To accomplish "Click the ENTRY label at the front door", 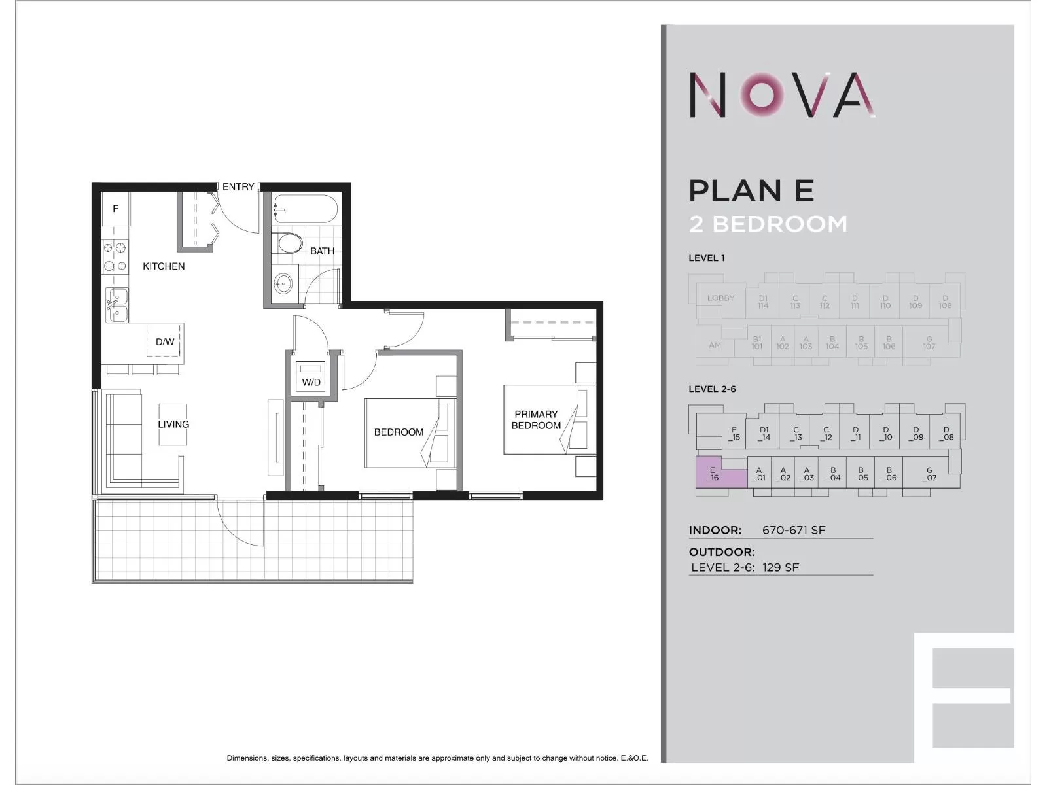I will pos(238,187).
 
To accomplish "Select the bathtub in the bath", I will pos(305,209).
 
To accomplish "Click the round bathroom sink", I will pos(283,283).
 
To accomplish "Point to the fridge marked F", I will pos(116,209).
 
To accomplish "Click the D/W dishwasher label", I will pos(165,341).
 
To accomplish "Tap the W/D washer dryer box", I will pos(311,377).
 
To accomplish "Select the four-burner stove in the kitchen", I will pos(115,256).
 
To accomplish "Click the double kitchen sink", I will pos(117,305).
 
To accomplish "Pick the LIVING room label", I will pos(173,424).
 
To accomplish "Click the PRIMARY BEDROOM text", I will pos(536,419).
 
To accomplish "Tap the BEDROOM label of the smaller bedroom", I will pos(399,432).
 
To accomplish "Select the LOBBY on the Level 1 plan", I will pos(720,298).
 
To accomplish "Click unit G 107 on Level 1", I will pos(929,343).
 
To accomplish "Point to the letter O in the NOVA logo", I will pos(763,96).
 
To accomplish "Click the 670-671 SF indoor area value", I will pos(794,530).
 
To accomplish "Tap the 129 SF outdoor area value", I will pos(780,567).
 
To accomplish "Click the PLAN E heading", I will pos(751,190).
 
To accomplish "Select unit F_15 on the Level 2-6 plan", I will pos(734,434).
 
